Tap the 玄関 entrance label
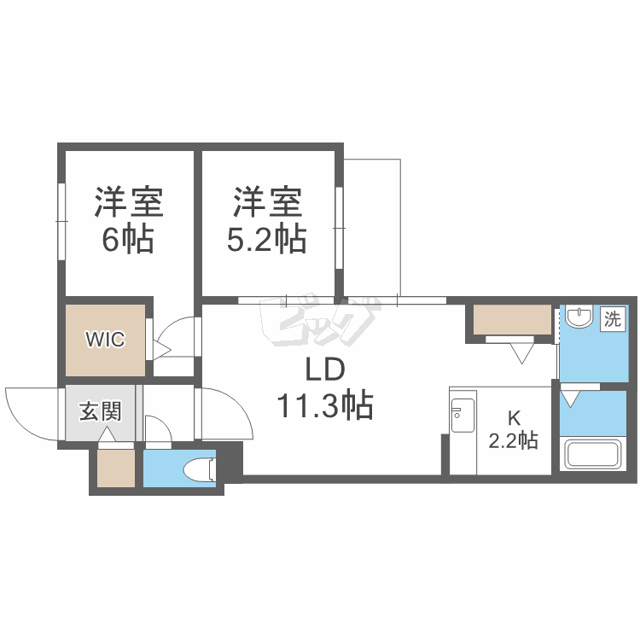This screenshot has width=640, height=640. click(x=101, y=411)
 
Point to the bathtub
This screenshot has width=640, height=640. click(x=592, y=452)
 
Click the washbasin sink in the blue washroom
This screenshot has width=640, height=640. click(x=580, y=318)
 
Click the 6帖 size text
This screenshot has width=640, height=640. click(x=127, y=240)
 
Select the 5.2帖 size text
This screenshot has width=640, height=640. click(x=265, y=240)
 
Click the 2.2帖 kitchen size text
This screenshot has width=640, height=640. click(x=513, y=441)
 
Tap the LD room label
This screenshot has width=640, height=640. click(x=324, y=369)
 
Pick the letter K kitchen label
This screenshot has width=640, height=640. click(x=514, y=418)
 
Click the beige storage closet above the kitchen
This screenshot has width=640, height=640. click(x=512, y=319)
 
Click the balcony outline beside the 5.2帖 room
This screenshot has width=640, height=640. click(x=373, y=226)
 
